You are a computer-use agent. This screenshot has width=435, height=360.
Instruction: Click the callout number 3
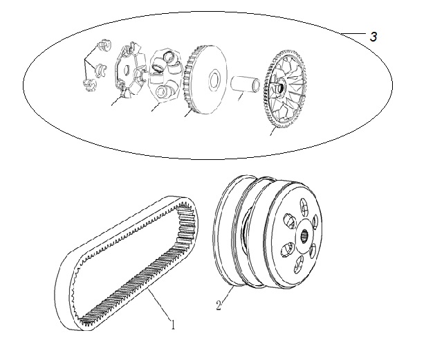[373, 37]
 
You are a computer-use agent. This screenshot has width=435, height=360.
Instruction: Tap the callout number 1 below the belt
[173, 324]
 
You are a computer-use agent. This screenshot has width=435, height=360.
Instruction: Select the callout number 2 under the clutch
[219, 306]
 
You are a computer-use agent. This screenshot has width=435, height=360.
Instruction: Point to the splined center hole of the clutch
[305, 236]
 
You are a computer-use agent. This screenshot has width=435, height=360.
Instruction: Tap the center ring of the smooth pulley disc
[214, 80]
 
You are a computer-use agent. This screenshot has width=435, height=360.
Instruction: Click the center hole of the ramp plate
[126, 69]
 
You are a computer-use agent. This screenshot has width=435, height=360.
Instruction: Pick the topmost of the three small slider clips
[104, 46]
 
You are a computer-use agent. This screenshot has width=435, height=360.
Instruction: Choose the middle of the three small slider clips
[100, 70]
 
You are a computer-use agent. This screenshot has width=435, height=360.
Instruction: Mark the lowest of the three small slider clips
[90, 84]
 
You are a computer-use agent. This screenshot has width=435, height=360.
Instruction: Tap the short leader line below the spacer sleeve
[241, 97]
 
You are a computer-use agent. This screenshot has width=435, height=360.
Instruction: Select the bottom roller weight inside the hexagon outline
[164, 91]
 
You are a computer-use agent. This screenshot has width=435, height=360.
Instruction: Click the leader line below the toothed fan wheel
[273, 132]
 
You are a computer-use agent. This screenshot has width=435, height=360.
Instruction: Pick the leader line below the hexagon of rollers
[156, 107]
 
